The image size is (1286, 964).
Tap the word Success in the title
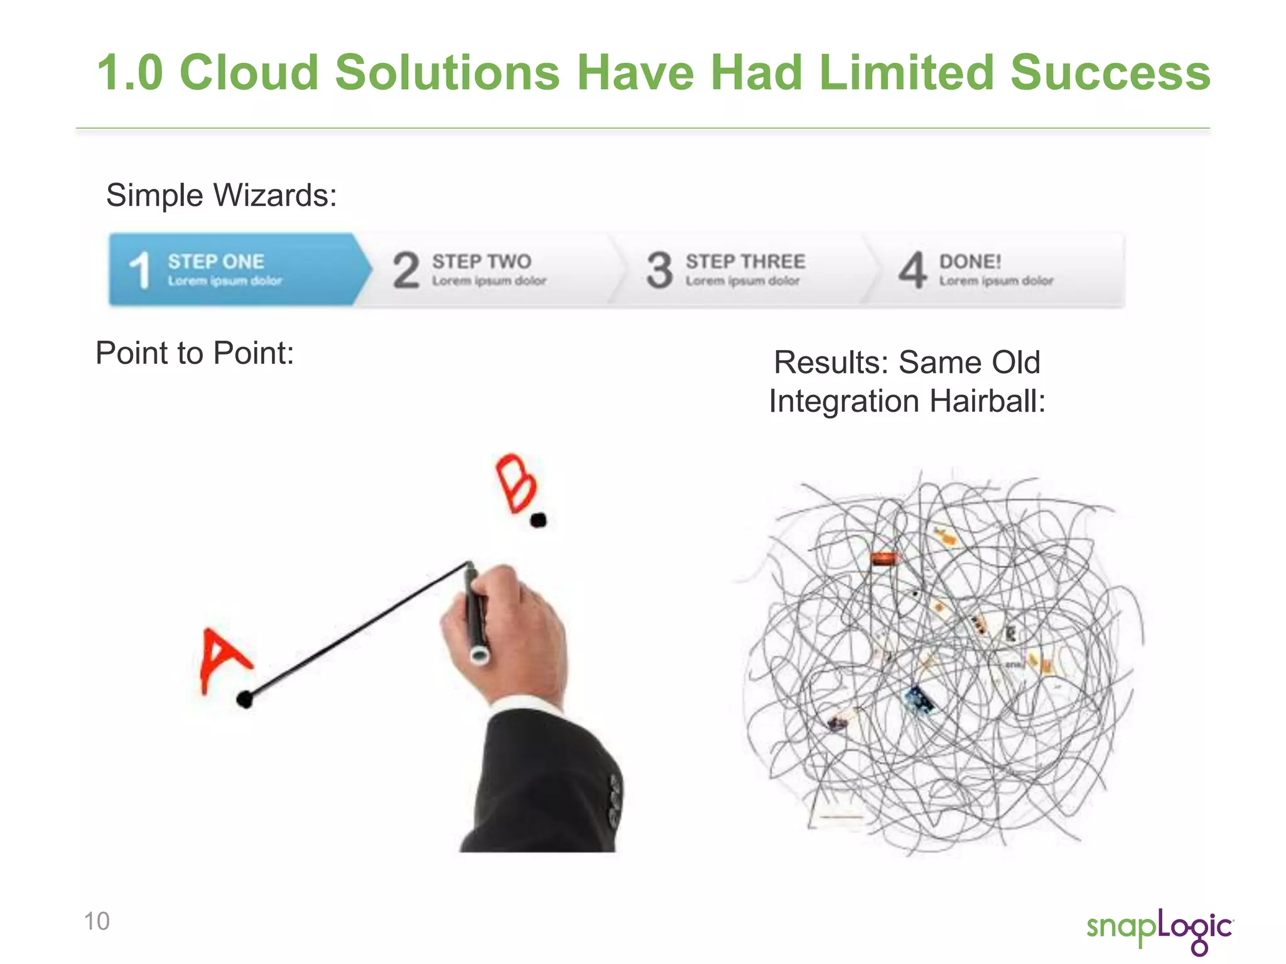[1110, 73]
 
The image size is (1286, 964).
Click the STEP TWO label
[482, 261]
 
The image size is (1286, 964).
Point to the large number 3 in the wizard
[659, 270]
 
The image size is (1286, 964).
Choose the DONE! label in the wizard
[970, 261]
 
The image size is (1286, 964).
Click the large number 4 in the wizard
[912, 270]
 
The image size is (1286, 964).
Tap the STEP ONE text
[216, 261]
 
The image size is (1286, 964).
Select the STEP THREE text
[745, 261]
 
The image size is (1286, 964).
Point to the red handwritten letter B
[516, 483]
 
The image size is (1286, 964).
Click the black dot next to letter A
[245, 699]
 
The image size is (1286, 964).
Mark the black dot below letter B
[538, 520]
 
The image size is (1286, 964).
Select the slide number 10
[97, 921]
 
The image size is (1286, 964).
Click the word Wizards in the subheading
[275, 195]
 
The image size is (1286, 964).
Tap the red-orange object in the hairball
[883, 558]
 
